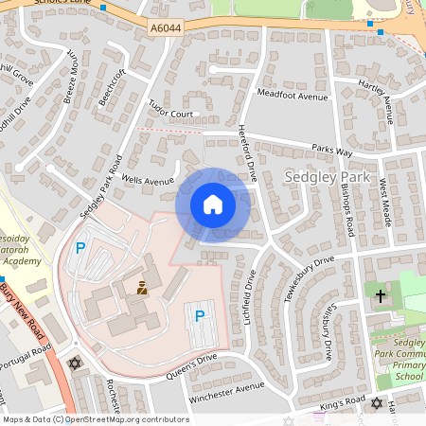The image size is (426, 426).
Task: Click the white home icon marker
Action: pyautogui.click(x=213, y=204)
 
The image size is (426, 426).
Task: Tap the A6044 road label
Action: pyautogui.click(x=166, y=30)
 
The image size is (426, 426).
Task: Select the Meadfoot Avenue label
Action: pyautogui.click(x=293, y=96)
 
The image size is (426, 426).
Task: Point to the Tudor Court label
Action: pyautogui.click(x=170, y=115)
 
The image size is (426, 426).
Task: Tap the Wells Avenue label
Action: pyautogui.click(x=149, y=180)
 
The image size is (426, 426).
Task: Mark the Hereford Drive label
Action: pyautogui.click(x=248, y=151)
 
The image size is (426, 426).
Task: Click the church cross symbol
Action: pyautogui.click(x=381, y=296)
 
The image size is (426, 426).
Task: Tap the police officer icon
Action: pyautogui.click(x=142, y=287)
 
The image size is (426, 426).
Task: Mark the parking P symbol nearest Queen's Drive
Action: pyautogui.click(x=199, y=316)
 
